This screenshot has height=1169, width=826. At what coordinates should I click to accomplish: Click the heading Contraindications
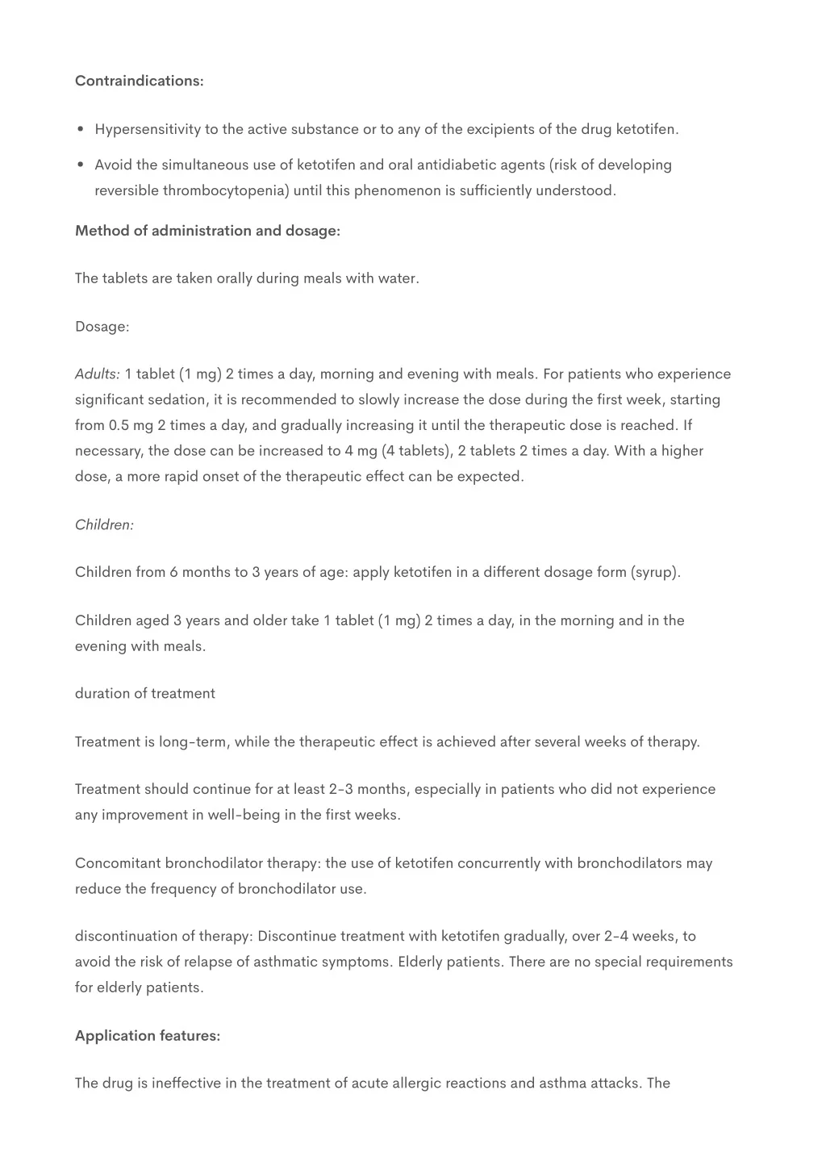139,81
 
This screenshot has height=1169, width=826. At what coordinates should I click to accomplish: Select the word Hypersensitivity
148,129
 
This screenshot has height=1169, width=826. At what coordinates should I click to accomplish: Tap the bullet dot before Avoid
81,165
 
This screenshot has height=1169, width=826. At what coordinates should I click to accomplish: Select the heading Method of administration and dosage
207,231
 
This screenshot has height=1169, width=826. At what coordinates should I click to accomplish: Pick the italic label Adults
97,374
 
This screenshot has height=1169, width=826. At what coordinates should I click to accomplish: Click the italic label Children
104,524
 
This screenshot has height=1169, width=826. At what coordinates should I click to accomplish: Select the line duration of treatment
145,693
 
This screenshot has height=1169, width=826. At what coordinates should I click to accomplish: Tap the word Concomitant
118,863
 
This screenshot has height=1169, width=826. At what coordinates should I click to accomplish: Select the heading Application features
148,1036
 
